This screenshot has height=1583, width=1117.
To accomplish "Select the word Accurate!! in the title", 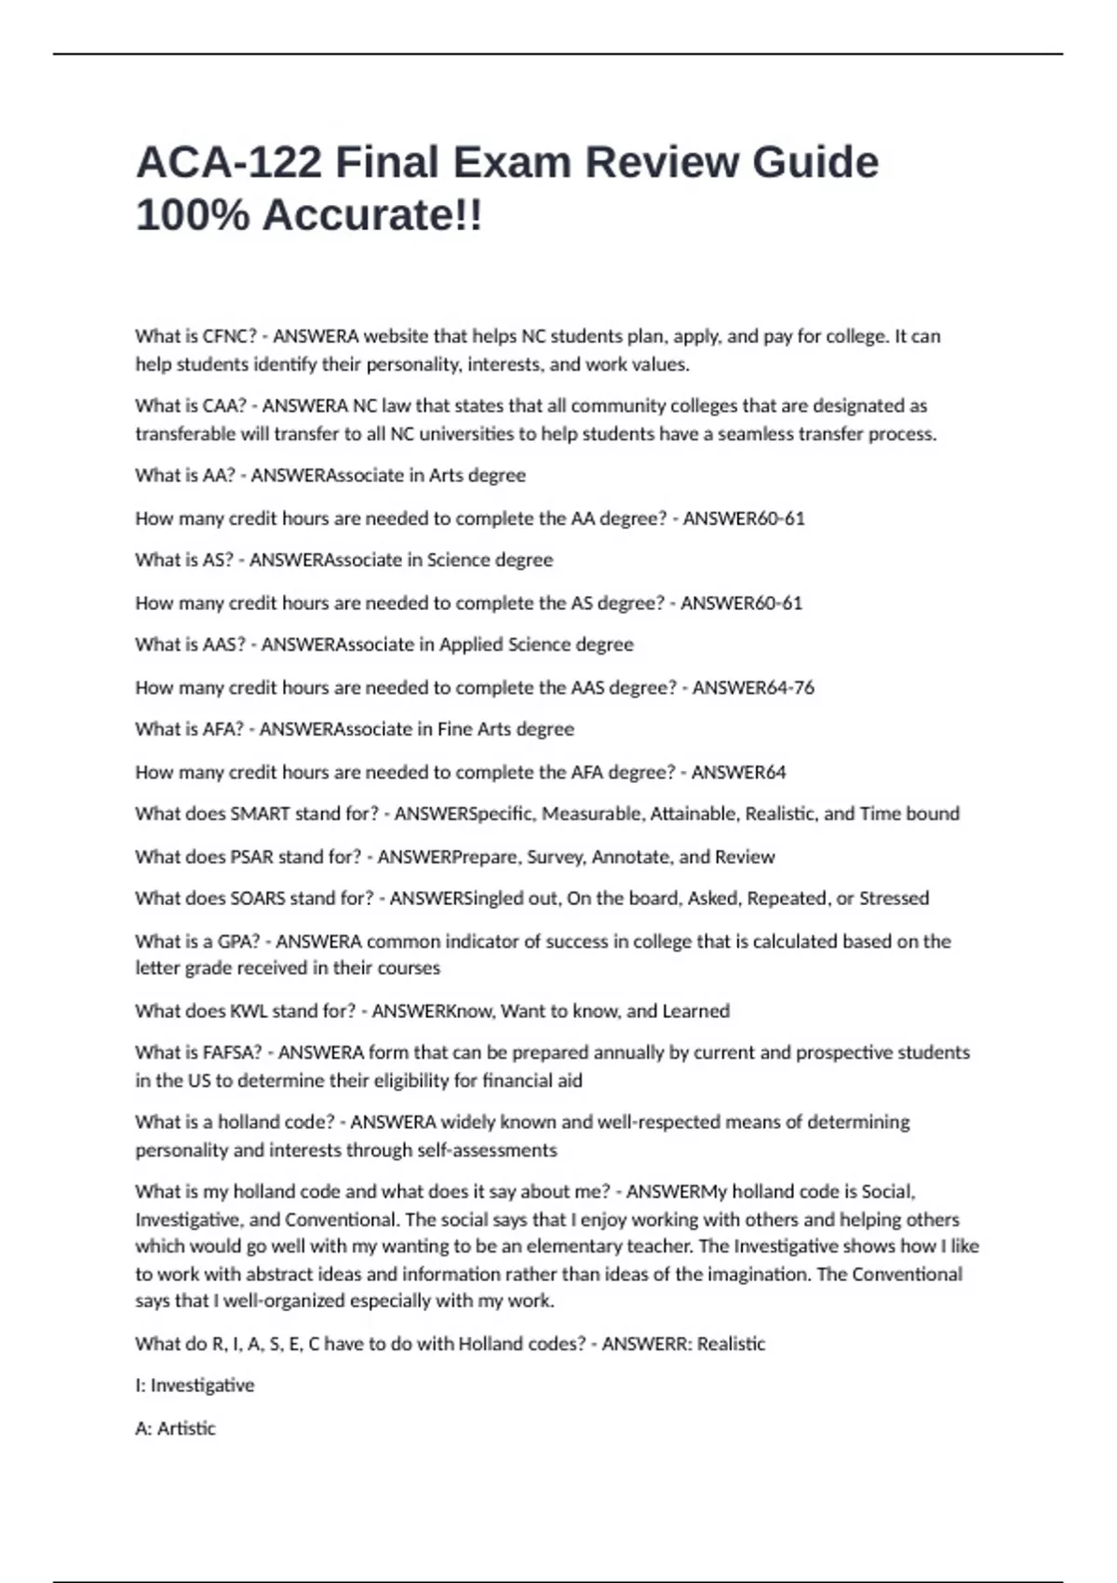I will click(x=372, y=215).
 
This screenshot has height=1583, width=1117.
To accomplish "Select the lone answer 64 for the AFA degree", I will click(x=774, y=772).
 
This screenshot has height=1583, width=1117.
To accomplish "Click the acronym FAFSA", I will click(x=232, y=1053).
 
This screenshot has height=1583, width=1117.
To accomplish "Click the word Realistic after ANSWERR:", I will click(x=731, y=1344).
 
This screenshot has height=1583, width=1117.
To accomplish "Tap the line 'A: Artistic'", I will click(x=175, y=1428).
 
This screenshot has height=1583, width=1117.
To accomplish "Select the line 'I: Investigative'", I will click(x=195, y=1386).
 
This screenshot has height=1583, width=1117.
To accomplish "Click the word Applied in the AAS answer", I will click(x=469, y=644).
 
